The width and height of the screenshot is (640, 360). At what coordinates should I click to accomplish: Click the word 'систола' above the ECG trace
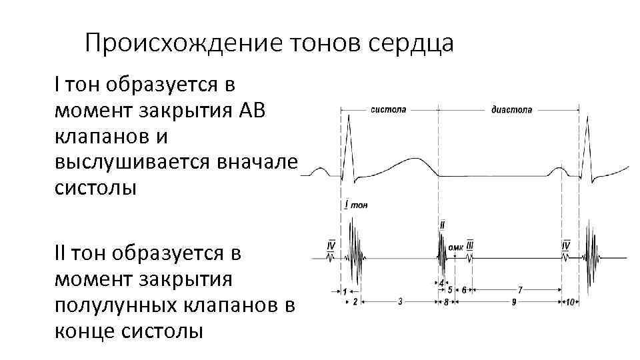(388, 109)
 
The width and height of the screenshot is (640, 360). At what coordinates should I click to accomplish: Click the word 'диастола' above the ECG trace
(511, 109)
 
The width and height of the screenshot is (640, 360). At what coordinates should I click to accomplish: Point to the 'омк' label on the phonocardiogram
(456, 247)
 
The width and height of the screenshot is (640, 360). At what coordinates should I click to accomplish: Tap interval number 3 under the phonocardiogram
(399, 301)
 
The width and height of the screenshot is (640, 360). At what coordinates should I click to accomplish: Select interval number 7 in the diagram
(519, 290)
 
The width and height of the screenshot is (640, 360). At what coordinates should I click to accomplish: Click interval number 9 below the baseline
(514, 302)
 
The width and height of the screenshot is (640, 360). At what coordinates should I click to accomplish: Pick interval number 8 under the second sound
(445, 302)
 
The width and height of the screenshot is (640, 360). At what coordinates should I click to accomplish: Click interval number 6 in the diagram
(463, 290)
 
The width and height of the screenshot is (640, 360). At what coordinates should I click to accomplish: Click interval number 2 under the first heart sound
(355, 302)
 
